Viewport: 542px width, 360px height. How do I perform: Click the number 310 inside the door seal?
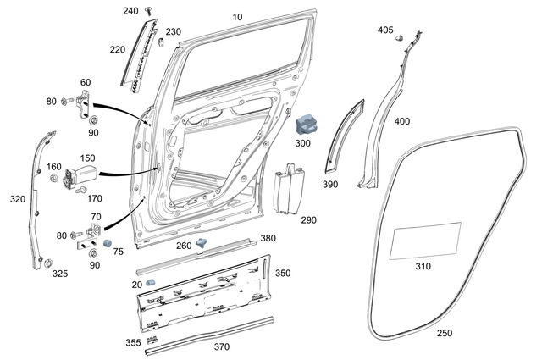click(423, 266)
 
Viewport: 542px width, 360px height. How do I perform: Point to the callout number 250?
click(445, 333)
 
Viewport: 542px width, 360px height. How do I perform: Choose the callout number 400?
click(401, 121)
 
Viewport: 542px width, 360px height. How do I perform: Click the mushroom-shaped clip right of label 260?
click(202, 243)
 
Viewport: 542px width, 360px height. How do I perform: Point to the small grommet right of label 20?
click(150, 281)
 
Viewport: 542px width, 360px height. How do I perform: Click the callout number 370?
click(222, 347)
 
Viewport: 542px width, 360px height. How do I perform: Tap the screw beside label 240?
click(149, 10)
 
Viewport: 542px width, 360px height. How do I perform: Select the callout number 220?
click(118, 49)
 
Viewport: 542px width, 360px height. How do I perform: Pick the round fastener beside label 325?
click(48, 261)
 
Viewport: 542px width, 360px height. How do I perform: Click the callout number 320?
click(17, 200)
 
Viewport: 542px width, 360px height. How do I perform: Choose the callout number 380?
click(268, 237)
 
